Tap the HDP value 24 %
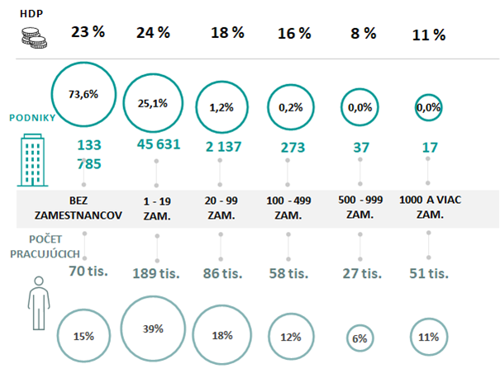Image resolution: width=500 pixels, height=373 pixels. (x=153, y=34)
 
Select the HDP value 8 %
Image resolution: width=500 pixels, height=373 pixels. (x=359, y=34)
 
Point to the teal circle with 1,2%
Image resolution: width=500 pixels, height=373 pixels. (x=221, y=107)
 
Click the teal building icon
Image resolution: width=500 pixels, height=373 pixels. (x=32, y=161)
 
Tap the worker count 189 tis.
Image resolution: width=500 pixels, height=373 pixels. (x=155, y=272)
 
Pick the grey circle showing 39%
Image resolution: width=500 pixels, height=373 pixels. (x=154, y=328)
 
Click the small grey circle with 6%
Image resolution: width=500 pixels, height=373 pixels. (x=360, y=338)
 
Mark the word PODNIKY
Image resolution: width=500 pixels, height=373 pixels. (x=32, y=117)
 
